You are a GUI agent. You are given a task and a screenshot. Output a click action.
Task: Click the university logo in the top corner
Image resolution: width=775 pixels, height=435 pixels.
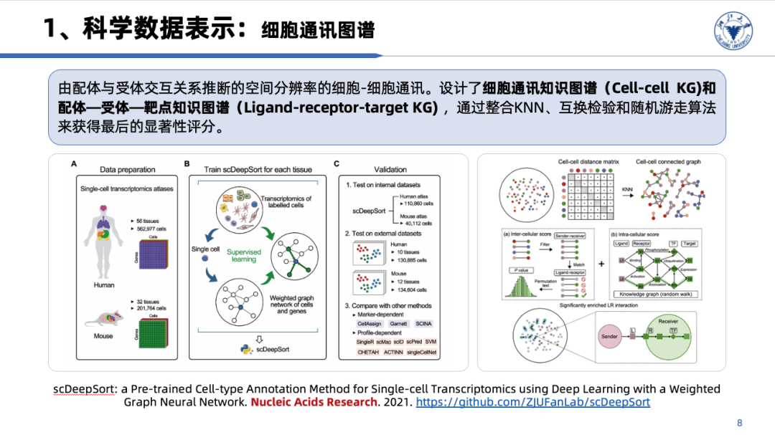734,29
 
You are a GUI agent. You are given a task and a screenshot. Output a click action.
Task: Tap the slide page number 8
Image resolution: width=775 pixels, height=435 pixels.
740,422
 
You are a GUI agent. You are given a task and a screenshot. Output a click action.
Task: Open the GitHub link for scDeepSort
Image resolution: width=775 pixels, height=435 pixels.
533,402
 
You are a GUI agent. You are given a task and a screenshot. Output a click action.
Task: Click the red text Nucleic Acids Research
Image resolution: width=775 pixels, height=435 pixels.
314,402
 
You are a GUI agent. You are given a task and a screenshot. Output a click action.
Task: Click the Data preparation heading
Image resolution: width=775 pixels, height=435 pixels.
127,170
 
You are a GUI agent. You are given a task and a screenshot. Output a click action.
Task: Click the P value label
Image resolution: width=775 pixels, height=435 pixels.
524,269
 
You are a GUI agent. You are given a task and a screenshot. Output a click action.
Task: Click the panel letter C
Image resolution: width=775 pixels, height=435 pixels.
337,164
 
